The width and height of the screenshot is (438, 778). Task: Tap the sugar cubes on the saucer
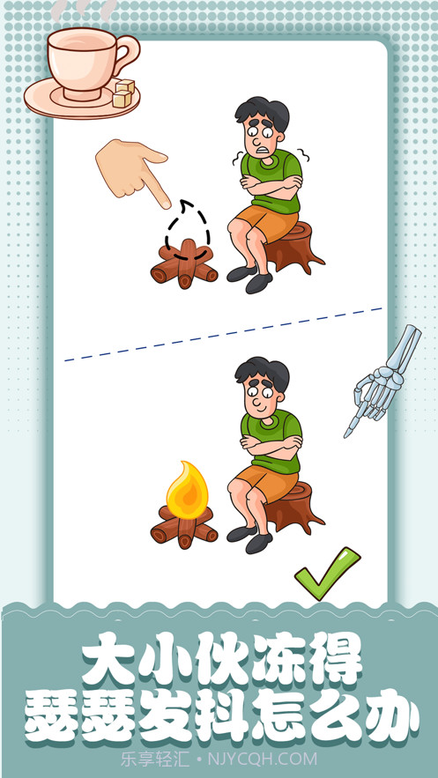pos(123,93)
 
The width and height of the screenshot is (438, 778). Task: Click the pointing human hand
pos(133,169)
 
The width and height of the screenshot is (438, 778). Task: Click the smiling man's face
pos(262,396)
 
